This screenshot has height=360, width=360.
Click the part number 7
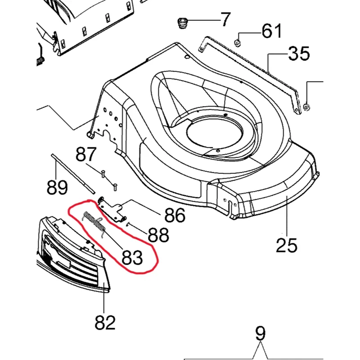point(223,19)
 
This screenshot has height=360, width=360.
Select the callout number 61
point(271,31)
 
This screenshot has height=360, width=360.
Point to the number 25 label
point(287,245)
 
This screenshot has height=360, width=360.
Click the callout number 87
point(86,155)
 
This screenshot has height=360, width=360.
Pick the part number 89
point(58,186)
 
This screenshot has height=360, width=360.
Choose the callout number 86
point(174,216)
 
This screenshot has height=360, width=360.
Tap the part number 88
point(158,234)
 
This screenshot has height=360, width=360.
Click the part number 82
point(104,322)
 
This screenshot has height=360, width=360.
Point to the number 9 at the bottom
point(260,334)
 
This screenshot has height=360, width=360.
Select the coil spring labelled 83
point(95,221)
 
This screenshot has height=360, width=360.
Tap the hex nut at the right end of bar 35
point(306,107)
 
